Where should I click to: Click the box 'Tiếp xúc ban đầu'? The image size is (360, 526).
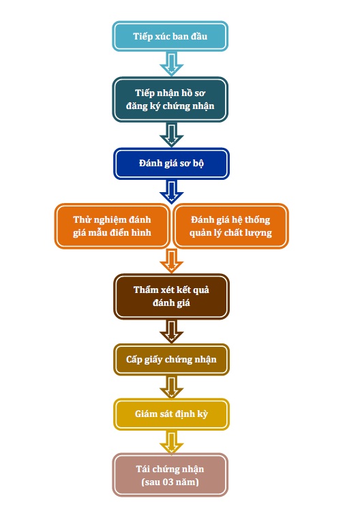click(x=170, y=36)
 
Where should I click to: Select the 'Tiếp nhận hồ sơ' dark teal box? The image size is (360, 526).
click(x=170, y=99)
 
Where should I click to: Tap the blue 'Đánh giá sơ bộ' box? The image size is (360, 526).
click(x=171, y=164)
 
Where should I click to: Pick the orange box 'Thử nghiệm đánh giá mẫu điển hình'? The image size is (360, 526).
click(x=112, y=226)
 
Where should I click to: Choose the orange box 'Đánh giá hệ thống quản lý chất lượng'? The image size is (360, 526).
click(x=230, y=226)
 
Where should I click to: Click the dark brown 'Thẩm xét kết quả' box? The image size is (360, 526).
click(x=171, y=296)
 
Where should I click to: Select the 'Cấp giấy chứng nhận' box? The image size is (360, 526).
click(x=171, y=360)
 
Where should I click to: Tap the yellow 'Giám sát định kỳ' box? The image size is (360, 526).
click(x=171, y=414)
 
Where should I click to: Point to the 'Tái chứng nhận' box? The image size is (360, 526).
click(x=170, y=475)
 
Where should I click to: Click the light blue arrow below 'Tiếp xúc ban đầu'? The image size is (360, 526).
click(x=171, y=64)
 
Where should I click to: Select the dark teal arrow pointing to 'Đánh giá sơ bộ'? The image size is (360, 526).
click(x=171, y=135)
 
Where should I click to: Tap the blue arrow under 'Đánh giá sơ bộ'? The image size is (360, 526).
click(x=171, y=192)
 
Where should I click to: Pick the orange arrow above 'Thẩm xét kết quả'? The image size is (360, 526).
click(x=171, y=262)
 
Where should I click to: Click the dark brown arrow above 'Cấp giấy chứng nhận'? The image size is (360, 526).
click(x=171, y=331)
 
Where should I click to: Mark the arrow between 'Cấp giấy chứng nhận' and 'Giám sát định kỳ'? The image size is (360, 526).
click(x=171, y=387)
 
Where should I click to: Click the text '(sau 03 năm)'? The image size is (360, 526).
click(x=170, y=482)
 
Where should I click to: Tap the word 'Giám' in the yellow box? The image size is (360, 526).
click(x=146, y=414)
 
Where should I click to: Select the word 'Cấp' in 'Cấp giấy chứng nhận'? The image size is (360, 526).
click(x=134, y=359)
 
